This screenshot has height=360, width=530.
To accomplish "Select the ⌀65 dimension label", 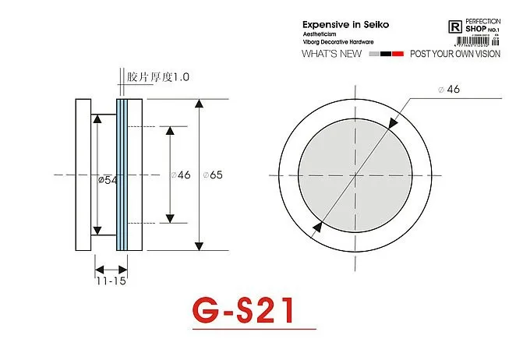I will pyautogui.click(x=212, y=175).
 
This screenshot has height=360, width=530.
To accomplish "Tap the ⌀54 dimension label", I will pyautogui.click(x=108, y=180).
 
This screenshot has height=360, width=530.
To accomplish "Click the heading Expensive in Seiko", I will pyautogui.click(x=345, y=25).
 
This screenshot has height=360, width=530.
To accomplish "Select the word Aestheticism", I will pyautogui.click(x=320, y=35).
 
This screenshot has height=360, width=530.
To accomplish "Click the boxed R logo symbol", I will pyautogui.click(x=456, y=26).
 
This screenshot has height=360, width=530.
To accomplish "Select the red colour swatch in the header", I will pyautogui.click(x=397, y=55).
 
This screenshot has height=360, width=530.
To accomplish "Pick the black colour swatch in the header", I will pyautogui.click(x=386, y=55).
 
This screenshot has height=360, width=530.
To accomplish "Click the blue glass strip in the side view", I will pyautogui.click(x=121, y=175).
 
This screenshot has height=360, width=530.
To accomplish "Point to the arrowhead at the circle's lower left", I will pyautogui.click(x=318, y=227).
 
